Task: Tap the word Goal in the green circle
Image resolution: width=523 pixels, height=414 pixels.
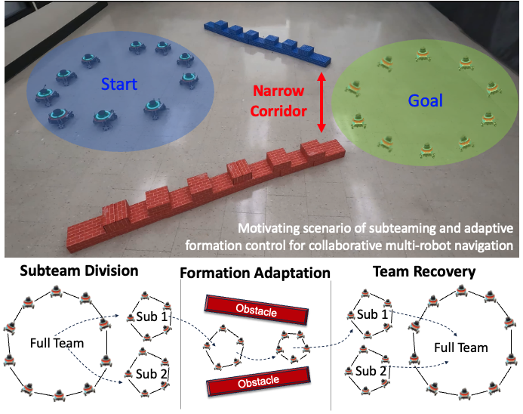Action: tap(425, 100)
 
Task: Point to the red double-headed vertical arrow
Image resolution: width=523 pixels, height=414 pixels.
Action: tap(321, 102)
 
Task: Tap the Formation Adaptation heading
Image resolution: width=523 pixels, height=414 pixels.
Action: tap(256, 272)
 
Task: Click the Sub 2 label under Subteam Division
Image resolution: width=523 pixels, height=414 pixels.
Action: tap(153, 372)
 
